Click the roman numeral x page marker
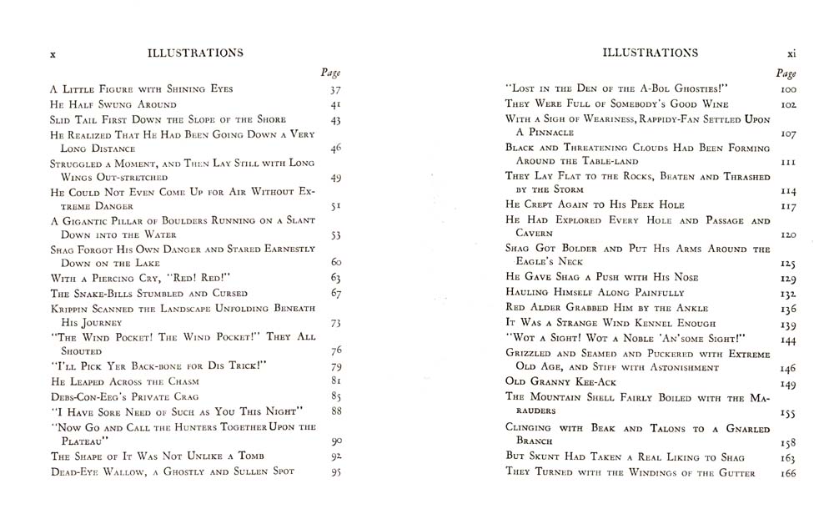[x=53, y=53]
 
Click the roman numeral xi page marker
[x=791, y=53]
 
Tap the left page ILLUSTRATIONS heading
[x=195, y=53]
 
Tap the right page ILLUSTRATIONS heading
[x=650, y=53]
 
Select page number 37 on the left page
[x=335, y=89]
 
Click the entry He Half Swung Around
[x=113, y=104]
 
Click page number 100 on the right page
[x=788, y=89]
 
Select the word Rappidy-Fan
[x=651, y=119]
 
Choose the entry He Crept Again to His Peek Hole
[x=595, y=204]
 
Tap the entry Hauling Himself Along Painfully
[x=595, y=293]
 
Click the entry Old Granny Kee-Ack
[x=560, y=384]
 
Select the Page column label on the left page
[x=330, y=73]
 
